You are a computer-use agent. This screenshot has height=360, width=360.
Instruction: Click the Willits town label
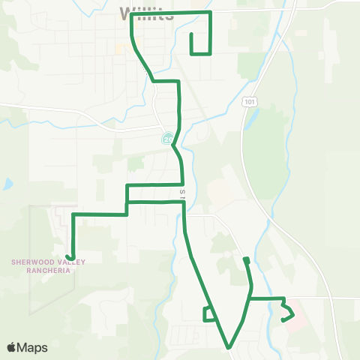[147, 13]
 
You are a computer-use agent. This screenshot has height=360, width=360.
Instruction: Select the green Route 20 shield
[167, 138]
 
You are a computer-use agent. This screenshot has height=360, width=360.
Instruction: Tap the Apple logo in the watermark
[12, 347]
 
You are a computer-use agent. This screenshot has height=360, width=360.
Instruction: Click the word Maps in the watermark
[33, 347]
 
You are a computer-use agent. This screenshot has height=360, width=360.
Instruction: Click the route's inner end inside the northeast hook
[192, 34]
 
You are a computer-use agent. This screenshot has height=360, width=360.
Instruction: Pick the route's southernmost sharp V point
[229, 347]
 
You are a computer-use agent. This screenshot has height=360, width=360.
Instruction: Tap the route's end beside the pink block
[283, 320]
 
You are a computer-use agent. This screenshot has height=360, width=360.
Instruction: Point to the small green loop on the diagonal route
[208, 313]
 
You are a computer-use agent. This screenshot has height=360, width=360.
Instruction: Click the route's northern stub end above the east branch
[245, 259]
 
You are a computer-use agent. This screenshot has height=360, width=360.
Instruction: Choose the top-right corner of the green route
[211, 13]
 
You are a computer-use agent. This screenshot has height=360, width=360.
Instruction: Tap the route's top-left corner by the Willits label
[132, 14]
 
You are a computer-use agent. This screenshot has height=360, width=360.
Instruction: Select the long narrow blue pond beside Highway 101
[249, 120]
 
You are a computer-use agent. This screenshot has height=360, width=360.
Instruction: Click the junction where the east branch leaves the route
[248, 298]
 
